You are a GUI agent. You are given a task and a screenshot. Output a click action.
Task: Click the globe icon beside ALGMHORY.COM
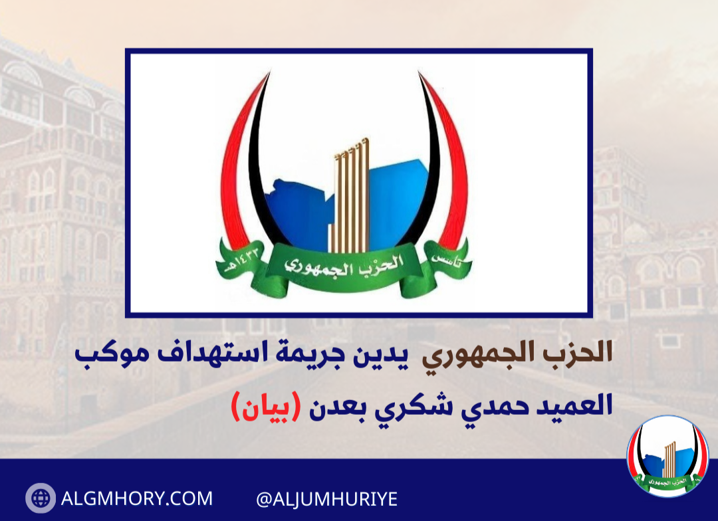[x=41, y=498]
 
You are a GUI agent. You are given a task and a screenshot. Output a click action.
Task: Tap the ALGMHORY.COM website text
[x=137, y=498]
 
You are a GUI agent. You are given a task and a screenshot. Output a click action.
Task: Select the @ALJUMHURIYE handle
[x=327, y=499]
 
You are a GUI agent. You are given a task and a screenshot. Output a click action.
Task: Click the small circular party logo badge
[x=667, y=456]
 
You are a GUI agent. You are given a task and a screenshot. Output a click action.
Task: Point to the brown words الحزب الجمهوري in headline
[x=517, y=354]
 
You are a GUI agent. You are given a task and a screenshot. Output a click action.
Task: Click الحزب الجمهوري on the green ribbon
[x=344, y=265]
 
